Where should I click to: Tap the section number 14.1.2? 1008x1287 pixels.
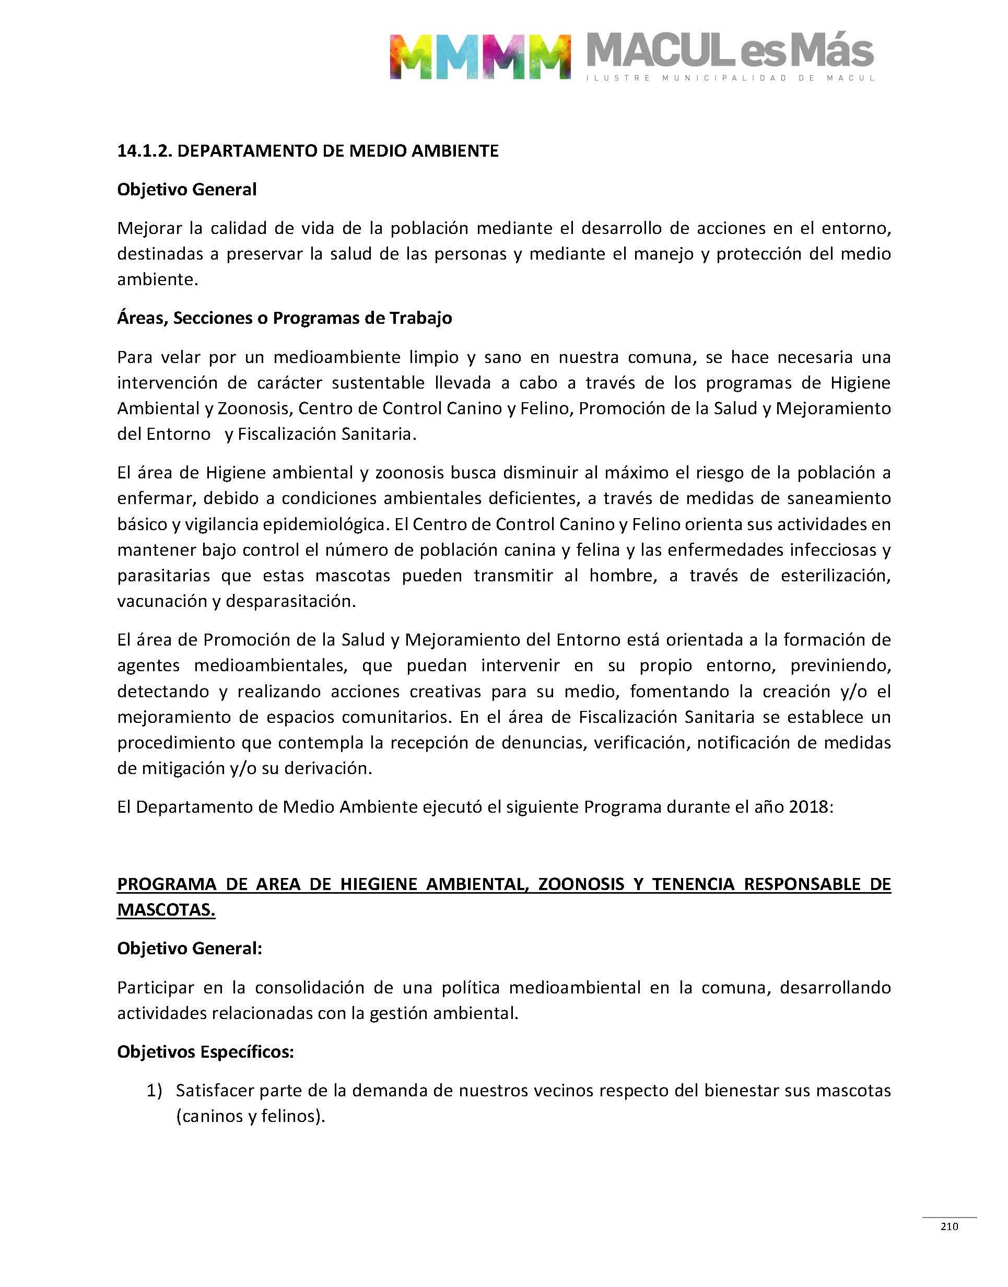[x=144, y=151]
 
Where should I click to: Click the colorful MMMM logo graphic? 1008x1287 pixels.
[x=479, y=56]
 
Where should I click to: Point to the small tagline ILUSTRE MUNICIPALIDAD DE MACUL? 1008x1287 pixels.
[x=730, y=78]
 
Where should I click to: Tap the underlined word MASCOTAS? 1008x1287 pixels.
[x=166, y=910]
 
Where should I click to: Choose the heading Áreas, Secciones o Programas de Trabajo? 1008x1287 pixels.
[x=285, y=318]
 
